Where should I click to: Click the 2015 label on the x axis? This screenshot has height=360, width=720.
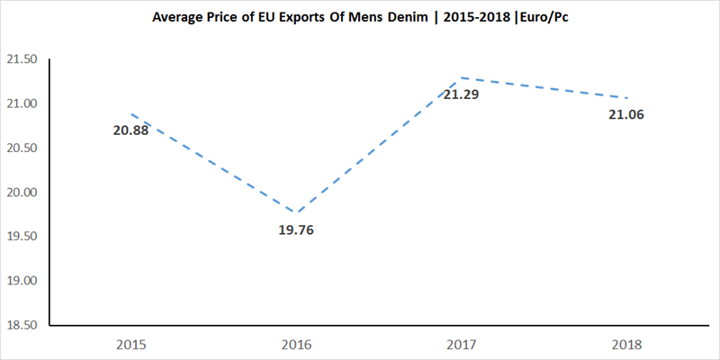point(133,345)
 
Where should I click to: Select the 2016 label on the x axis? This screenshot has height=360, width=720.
point(296,345)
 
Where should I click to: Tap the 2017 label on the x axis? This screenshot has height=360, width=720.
point(461,345)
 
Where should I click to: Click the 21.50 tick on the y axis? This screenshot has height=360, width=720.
point(21,59)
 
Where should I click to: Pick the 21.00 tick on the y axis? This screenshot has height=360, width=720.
point(21,103)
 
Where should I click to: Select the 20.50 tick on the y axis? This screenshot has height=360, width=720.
point(21,148)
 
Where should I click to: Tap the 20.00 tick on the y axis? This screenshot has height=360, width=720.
point(21,192)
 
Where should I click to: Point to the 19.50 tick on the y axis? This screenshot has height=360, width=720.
point(21,236)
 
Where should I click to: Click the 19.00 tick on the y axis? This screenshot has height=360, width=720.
point(21,280)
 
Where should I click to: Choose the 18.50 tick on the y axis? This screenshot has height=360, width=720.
point(21,324)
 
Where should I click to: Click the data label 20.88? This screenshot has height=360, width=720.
point(130,131)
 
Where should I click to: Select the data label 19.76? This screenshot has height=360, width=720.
point(296,229)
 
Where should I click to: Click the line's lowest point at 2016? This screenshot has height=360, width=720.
point(296,213)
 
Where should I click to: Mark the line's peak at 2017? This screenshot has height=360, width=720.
point(461,78)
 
